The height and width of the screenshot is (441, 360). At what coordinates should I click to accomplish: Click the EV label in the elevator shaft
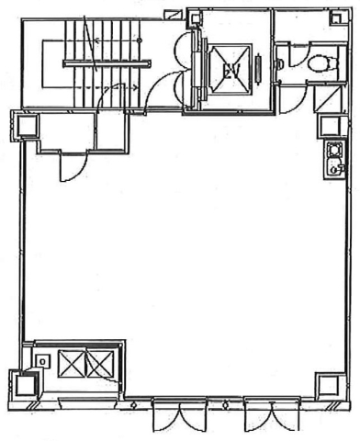pyautogui.click(x=231, y=71)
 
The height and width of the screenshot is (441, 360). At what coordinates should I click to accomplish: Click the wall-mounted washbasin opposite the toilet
pyautogui.click(x=279, y=64)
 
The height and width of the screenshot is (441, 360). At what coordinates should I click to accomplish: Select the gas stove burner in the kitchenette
pyautogui.click(x=333, y=150)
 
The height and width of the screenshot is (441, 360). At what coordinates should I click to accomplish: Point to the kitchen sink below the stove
pyautogui.click(x=334, y=167)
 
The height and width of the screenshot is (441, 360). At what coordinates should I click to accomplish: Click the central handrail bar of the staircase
pyautogui.click(x=107, y=63)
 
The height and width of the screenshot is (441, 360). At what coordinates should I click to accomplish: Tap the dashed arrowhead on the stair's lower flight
pyautogui.click(x=135, y=88)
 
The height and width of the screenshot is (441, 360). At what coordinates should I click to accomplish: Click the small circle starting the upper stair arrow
pyautogui.click(x=140, y=40)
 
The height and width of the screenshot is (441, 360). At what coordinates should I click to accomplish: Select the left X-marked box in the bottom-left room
pyautogui.click(x=73, y=364)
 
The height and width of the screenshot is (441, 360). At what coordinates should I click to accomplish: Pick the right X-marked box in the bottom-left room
pyautogui.click(x=100, y=364)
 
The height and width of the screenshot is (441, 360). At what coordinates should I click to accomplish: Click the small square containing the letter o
pyautogui.click(x=42, y=362)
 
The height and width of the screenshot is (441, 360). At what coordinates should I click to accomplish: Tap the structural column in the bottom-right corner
pyautogui.click(x=327, y=386)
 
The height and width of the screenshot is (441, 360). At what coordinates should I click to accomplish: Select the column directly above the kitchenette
pyautogui.click(x=330, y=126)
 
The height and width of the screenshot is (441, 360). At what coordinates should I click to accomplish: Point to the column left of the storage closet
pyautogui.click(x=28, y=126)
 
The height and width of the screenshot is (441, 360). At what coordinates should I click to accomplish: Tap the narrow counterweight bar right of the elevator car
pyautogui.click(x=259, y=68)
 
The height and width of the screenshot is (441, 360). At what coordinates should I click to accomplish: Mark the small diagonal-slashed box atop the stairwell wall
pyautogui.click(x=172, y=15)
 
